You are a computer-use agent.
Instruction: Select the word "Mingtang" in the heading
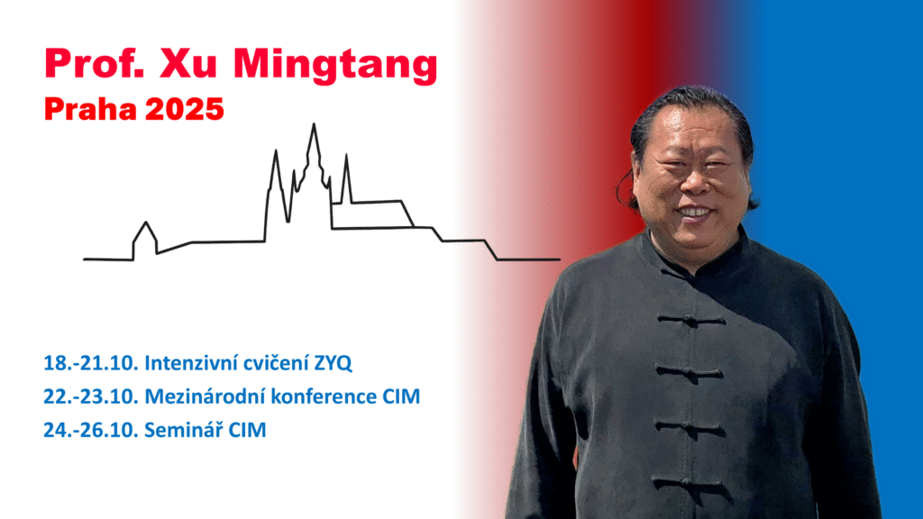(x=335, y=66)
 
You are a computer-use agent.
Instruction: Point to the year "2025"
(x=184, y=109)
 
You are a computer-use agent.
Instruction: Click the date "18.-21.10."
(x=91, y=363)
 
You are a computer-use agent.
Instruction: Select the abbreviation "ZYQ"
(x=333, y=363)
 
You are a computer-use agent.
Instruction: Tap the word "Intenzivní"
(x=191, y=363)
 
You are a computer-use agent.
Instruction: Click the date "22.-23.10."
(x=91, y=396)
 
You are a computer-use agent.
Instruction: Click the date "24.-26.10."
(x=91, y=430)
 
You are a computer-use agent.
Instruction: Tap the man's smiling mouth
(x=695, y=212)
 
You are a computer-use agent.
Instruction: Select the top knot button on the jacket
(x=690, y=321)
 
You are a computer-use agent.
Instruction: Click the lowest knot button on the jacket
(x=689, y=484)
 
